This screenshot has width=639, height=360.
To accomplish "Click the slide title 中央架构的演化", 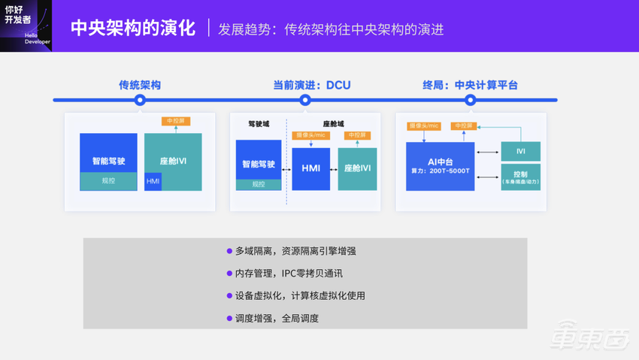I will click(132, 29).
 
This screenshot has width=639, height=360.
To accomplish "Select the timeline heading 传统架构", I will click(139, 85).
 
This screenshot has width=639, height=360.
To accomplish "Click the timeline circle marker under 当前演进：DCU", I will click(305, 100).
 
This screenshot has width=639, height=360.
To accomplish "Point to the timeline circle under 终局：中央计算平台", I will click(471, 100).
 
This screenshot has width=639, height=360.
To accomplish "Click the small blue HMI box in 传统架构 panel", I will click(153, 181).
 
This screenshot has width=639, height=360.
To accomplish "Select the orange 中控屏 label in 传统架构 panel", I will click(176, 121).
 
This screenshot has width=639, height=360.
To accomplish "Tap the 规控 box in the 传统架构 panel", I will click(108, 180).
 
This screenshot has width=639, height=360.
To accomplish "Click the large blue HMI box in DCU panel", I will click(310, 168).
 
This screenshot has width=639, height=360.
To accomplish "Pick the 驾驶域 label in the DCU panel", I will click(259, 123).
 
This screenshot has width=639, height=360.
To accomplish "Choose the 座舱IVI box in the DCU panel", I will click(357, 168).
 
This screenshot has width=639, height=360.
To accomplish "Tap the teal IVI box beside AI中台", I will click(520, 151).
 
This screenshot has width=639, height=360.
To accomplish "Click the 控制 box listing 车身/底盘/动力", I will click(520, 177).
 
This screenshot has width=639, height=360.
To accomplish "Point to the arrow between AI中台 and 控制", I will click(488, 177).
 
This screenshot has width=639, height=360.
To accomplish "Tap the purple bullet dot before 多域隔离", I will click(229, 251).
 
